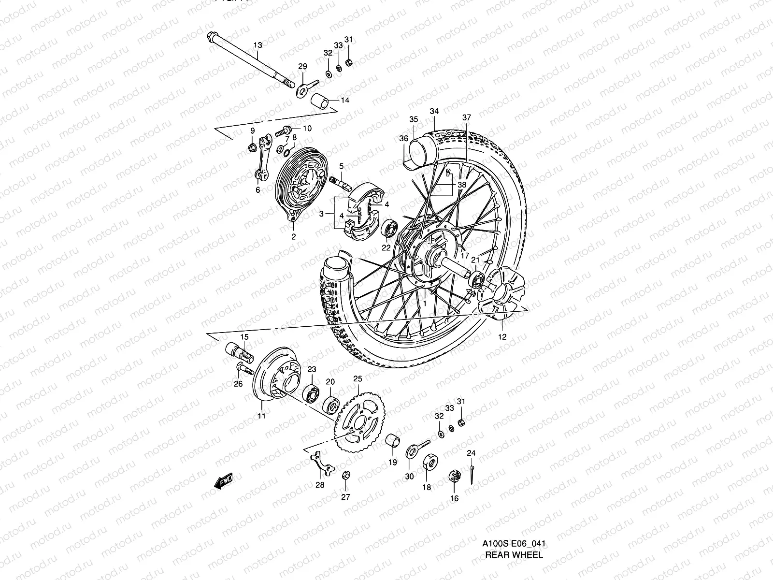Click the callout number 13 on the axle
point(258,45)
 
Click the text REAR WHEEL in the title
point(514,528)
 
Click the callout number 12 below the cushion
point(502,337)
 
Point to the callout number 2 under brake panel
point(293,237)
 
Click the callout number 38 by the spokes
point(461,185)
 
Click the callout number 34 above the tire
point(434,111)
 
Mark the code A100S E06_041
point(514,517)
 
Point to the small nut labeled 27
point(345,476)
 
